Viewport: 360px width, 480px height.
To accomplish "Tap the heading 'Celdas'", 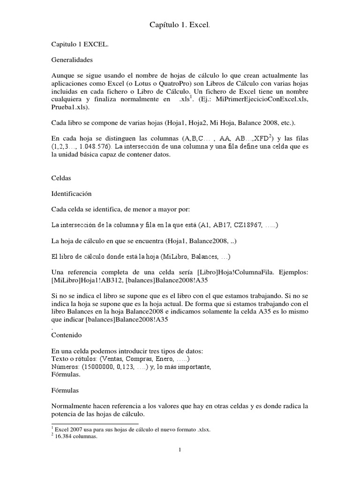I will pyautogui.click(x=60, y=178).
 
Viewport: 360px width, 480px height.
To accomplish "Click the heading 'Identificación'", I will pyautogui.click(x=71, y=193).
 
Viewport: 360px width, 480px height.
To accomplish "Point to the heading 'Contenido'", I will pyautogui.click(x=67, y=335).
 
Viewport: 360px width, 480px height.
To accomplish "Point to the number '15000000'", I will pyautogui.click(x=91, y=367).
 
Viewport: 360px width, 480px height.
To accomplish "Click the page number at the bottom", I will pyautogui.click(x=180, y=450).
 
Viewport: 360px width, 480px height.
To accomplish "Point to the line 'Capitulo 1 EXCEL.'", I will pyautogui.click(x=79, y=45).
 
